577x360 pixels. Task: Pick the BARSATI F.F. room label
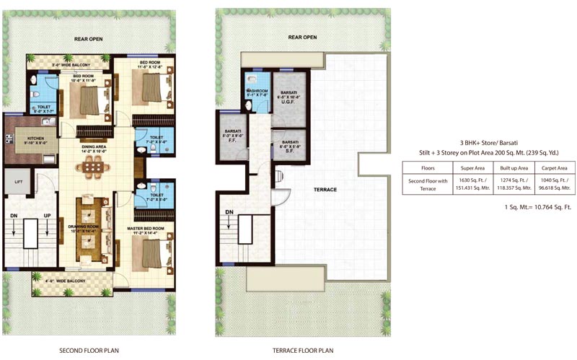[x=232, y=136]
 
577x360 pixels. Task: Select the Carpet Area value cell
[x=550, y=183]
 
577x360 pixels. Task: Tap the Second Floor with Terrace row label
[x=428, y=183]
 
